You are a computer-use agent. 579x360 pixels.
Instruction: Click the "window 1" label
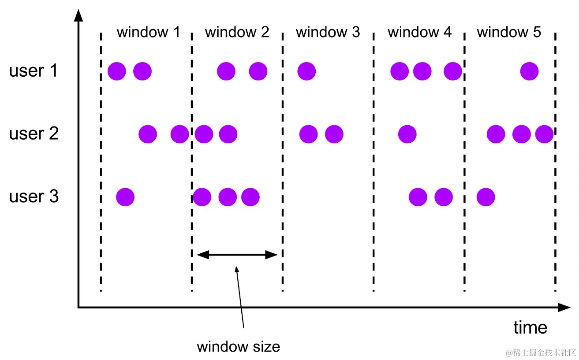148,32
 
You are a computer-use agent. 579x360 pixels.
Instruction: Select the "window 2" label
237,32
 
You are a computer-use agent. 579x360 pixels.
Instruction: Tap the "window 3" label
328,32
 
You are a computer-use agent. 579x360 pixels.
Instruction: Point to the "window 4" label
419,32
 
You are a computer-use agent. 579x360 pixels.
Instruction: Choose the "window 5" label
509,32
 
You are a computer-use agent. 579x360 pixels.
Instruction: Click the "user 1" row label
34,71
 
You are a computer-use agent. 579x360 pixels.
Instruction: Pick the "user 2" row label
34,134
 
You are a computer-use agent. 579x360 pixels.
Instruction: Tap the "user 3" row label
34,197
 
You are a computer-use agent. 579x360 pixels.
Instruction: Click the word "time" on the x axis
530,327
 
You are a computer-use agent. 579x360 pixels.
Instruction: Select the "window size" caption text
238,346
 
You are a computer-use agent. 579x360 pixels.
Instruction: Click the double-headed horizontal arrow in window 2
237,254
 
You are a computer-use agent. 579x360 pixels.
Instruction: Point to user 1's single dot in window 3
306,71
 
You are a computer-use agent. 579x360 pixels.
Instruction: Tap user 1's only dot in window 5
529,71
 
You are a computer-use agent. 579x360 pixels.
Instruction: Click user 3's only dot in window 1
125,197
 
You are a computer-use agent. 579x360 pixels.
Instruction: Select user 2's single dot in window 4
407,134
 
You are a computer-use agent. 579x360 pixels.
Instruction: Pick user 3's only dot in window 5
486,197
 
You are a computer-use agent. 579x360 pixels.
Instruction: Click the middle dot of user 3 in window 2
228,197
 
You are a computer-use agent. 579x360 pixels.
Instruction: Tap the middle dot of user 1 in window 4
422,71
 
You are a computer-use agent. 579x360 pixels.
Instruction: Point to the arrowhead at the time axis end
565,308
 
